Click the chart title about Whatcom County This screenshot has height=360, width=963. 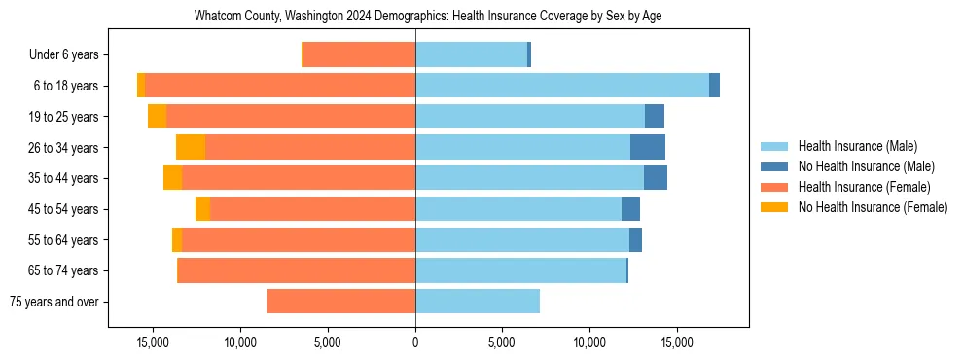[x=428, y=17]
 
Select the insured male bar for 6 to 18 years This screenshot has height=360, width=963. [x=561, y=86]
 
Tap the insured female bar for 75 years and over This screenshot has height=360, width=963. [x=340, y=302]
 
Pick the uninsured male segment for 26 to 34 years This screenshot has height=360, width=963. [x=648, y=147]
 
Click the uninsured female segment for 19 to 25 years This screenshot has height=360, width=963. [x=157, y=117]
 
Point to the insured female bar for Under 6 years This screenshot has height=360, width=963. [x=359, y=54]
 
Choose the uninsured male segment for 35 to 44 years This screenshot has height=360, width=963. [x=656, y=178]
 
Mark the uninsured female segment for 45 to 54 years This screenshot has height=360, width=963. [x=202, y=209]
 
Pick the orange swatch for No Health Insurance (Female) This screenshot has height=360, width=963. [x=774, y=207]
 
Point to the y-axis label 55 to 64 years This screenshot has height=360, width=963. [x=63, y=240]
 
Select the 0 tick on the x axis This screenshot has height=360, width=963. [x=415, y=342]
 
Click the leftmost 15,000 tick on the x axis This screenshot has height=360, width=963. [x=153, y=342]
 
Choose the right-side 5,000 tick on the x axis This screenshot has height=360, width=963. [x=502, y=342]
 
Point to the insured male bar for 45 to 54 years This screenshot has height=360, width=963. [x=517, y=209]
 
